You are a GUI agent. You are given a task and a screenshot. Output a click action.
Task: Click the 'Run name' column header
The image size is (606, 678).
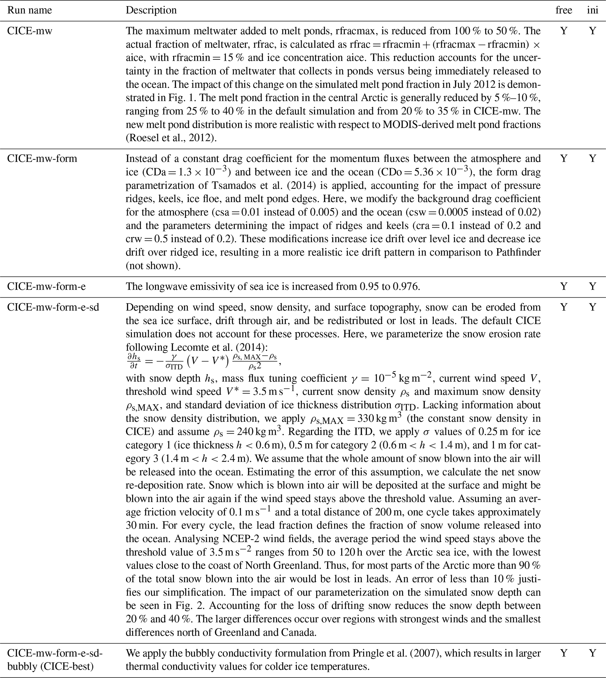click(30, 10)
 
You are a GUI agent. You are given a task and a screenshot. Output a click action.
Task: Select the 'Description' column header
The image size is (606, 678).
click(151, 10)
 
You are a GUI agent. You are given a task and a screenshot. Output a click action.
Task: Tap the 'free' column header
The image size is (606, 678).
click(564, 10)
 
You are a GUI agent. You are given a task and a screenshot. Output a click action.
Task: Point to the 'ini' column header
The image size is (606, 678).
click(592, 10)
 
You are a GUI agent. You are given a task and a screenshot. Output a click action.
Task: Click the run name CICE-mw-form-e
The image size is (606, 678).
click(46, 286)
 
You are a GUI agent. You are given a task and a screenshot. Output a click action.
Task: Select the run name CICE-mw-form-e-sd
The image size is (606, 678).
click(53, 307)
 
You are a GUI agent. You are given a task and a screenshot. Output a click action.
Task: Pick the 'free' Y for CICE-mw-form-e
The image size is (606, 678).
click(564, 286)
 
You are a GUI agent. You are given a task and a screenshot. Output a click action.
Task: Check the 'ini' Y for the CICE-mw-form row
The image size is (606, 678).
click(592, 158)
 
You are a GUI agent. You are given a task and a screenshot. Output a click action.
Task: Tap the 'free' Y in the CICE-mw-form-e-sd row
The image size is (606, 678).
click(564, 307)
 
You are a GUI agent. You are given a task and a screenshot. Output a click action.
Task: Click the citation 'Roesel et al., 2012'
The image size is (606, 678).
click(170, 138)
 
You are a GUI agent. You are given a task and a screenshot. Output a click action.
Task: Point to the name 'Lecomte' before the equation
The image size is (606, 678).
click(190, 347)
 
